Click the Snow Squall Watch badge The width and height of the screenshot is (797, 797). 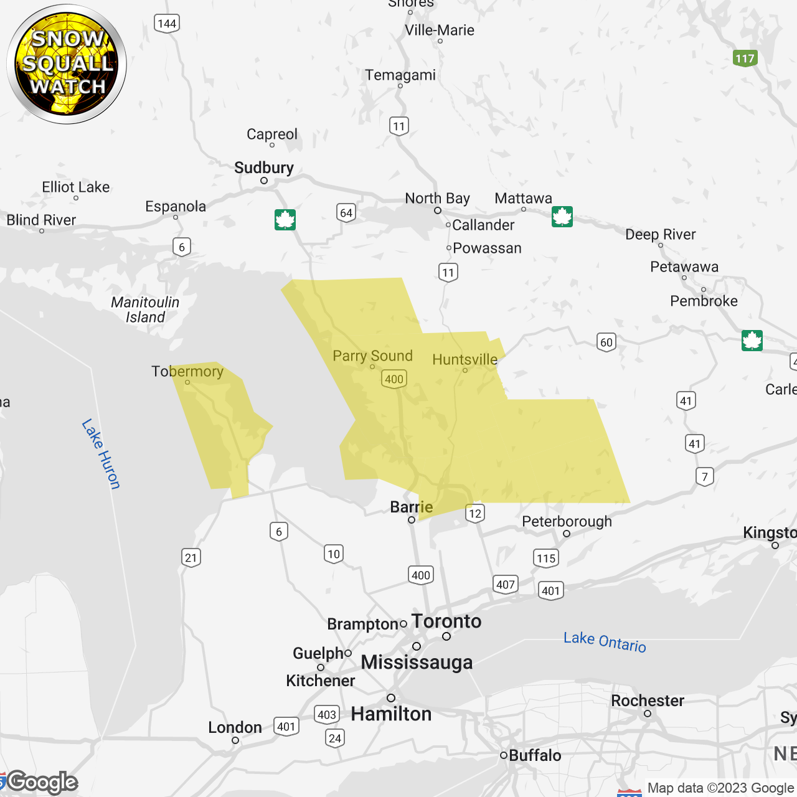pyautogui.click(x=67, y=64)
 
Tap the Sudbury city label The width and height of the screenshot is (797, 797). pyautogui.click(x=264, y=168)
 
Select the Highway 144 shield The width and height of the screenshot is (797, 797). pyautogui.click(x=167, y=24)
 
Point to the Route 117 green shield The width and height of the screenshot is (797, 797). pyautogui.click(x=745, y=59)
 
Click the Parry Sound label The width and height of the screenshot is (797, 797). pyautogui.click(x=372, y=356)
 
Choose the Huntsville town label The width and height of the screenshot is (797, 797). pyautogui.click(x=465, y=359)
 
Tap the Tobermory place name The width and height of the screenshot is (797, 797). pyautogui.click(x=187, y=372)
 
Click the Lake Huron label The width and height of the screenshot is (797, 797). pyautogui.click(x=101, y=454)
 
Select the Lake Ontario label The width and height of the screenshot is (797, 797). pyautogui.click(x=605, y=641)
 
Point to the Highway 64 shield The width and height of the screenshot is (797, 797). pyautogui.click(x=346, y=213)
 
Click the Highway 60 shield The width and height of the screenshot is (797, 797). pyautogui.click(x=606, y=342)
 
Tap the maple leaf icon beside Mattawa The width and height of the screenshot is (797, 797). pyautogui.click(x=562, y=217)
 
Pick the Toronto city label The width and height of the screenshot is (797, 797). pyautogui.click(x=446, y=621)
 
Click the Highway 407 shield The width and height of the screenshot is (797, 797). pyautogui.click(x=506, y=585)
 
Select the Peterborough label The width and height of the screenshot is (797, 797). pyautogui.click(x=567, y=521)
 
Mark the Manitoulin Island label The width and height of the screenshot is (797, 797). pyautogui.click(x=145, y=309)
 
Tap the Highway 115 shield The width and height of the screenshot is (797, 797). pyautogui.click(x=546, y=558)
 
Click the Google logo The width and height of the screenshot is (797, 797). pyautogui.click(x=42, y=782)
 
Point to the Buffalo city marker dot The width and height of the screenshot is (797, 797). pyautogui.click(x=504, y=755)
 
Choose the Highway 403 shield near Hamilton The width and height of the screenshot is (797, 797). pyautogui.click(x=327, y=715)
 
